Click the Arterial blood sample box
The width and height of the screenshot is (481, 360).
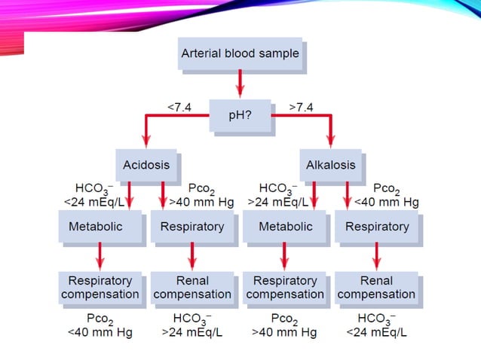point(240,54)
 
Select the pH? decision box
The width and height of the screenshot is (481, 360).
point(240,115)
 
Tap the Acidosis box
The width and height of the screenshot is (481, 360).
point(146,164)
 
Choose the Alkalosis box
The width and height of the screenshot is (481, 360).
point(331,164)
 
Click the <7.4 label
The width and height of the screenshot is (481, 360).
point(179,107)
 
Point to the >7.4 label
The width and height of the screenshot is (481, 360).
point(301,107)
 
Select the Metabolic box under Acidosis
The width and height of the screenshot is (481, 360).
point(100,227)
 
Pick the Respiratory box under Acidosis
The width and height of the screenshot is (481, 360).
point(192,227)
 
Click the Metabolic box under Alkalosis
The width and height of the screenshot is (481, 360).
point(285,227)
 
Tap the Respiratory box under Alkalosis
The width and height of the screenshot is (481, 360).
point(377,227)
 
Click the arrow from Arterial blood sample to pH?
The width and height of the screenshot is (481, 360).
point(240,84)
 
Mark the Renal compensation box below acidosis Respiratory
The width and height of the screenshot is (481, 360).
point(192,288)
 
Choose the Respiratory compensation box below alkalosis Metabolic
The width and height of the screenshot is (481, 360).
point(285,288)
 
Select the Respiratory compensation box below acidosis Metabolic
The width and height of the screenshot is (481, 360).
point(100,288)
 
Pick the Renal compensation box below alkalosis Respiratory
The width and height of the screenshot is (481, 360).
point(377,288)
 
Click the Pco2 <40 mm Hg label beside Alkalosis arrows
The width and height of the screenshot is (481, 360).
point(386,195)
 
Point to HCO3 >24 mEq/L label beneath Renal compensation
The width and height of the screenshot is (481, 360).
point(192,325)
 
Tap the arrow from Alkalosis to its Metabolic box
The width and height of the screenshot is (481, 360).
point(314,195)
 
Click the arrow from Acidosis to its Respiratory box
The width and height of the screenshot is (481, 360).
point(163,195)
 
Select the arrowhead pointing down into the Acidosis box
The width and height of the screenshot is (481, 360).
point(146,142)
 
